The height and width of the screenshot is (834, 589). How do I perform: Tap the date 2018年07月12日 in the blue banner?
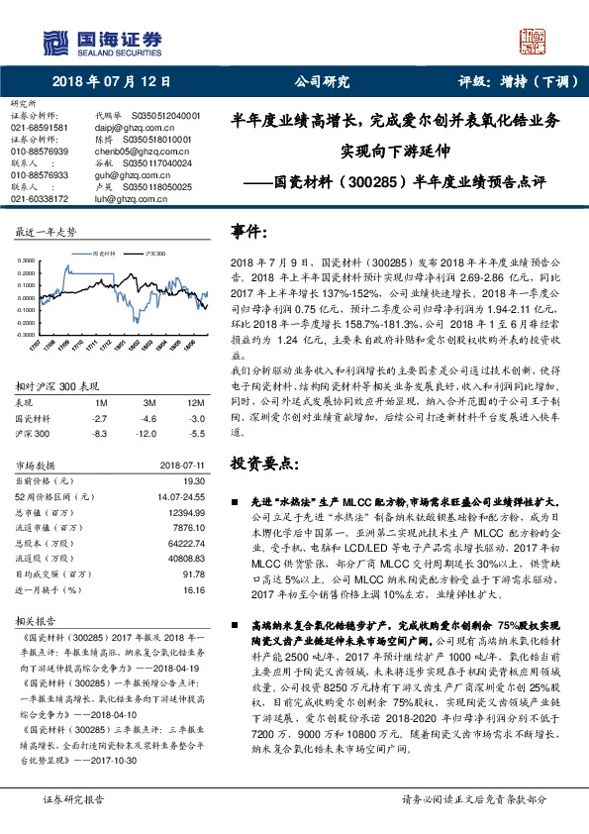111,82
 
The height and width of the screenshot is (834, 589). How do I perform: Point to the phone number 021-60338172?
39,198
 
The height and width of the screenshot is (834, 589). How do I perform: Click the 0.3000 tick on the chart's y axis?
27,261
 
